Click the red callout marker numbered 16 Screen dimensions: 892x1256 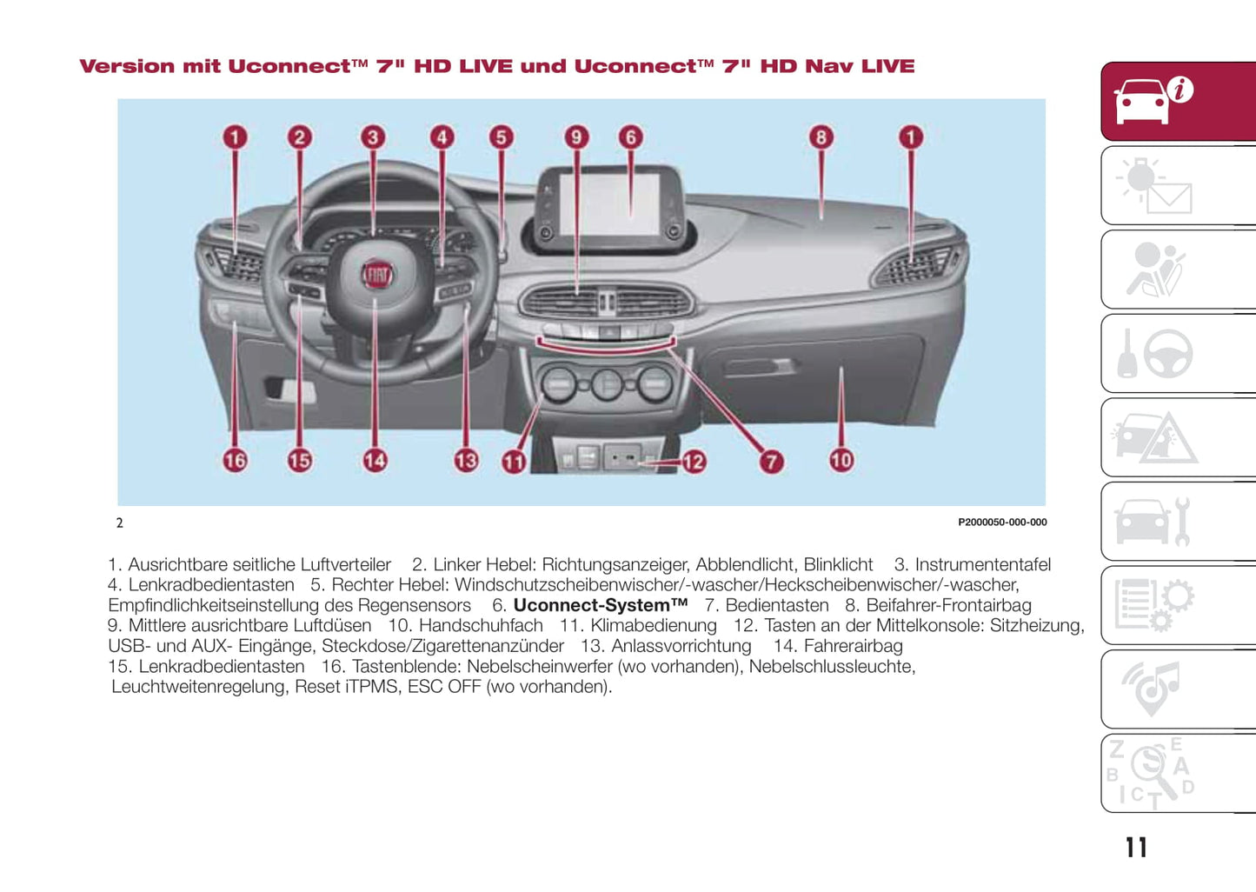[x=235, y=460]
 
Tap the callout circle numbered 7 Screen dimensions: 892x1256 [x=771, y=462]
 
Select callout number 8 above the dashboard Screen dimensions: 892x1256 [x=821, y=136]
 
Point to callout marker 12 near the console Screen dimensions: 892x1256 [x=694, y=462]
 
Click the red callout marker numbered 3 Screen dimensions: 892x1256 [x=373, y=136]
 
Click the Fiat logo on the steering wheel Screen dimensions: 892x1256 [x=377, y=275]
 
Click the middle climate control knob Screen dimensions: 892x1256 [x=608, y=384]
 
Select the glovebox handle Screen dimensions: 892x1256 [x=758, y=366]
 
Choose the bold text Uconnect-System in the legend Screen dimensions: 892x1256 [x=600, y=605]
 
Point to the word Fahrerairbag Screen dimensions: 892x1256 [x=853, y=646]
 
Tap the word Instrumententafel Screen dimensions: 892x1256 [x=982, y=565]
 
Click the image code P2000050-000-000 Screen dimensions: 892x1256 [x=1002, y=523]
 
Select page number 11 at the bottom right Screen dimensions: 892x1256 [x=1136, y=848]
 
